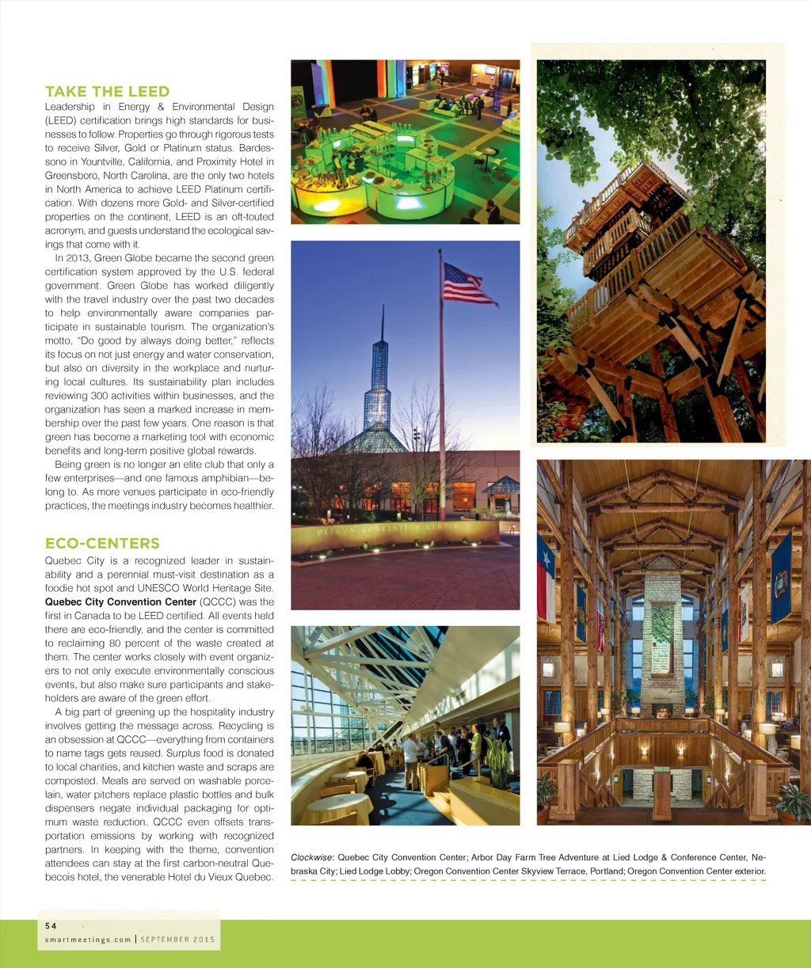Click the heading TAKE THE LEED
(x=108, y=92)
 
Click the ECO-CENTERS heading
(x=102, y=544)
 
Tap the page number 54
(x=51, y=925)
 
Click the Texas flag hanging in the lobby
(x=546, y=577)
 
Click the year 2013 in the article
(x=78, y=258)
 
